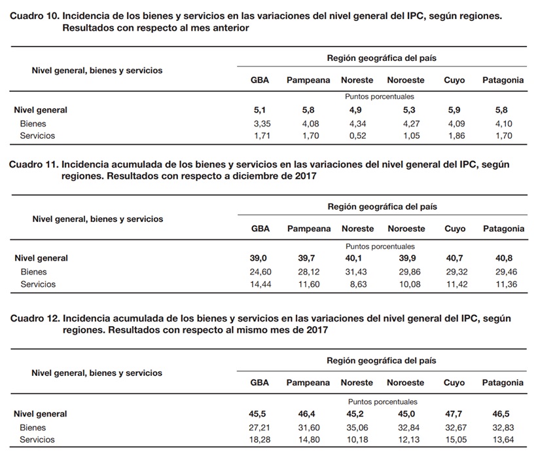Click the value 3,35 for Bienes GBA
[x=262, y=124]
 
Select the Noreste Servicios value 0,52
[x=357, y=136]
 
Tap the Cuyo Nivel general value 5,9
[x=454, y=110]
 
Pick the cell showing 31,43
[x=356, y=272]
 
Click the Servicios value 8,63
[x=358, y=284]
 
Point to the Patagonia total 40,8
[x=504, y=258]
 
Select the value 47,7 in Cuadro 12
[x=454, y=414]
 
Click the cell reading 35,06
[x=357, y=428]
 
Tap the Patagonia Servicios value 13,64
[x=503, y=439]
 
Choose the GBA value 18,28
[x=259, y=439]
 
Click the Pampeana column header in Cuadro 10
[x=308, y=81]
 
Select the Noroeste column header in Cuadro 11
[x=406, y=229]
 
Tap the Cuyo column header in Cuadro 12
[x=454, y=382]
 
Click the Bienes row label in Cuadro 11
[x=33, y=272]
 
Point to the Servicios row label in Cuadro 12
[x=37, y=439]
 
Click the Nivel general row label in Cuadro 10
[x=41, y=110]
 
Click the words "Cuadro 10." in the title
[x=35, y=16]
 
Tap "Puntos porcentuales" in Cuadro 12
[x=383, y=401]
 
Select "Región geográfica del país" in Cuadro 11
[x=382, y=206]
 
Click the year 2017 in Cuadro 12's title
[x=317, y=330]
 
